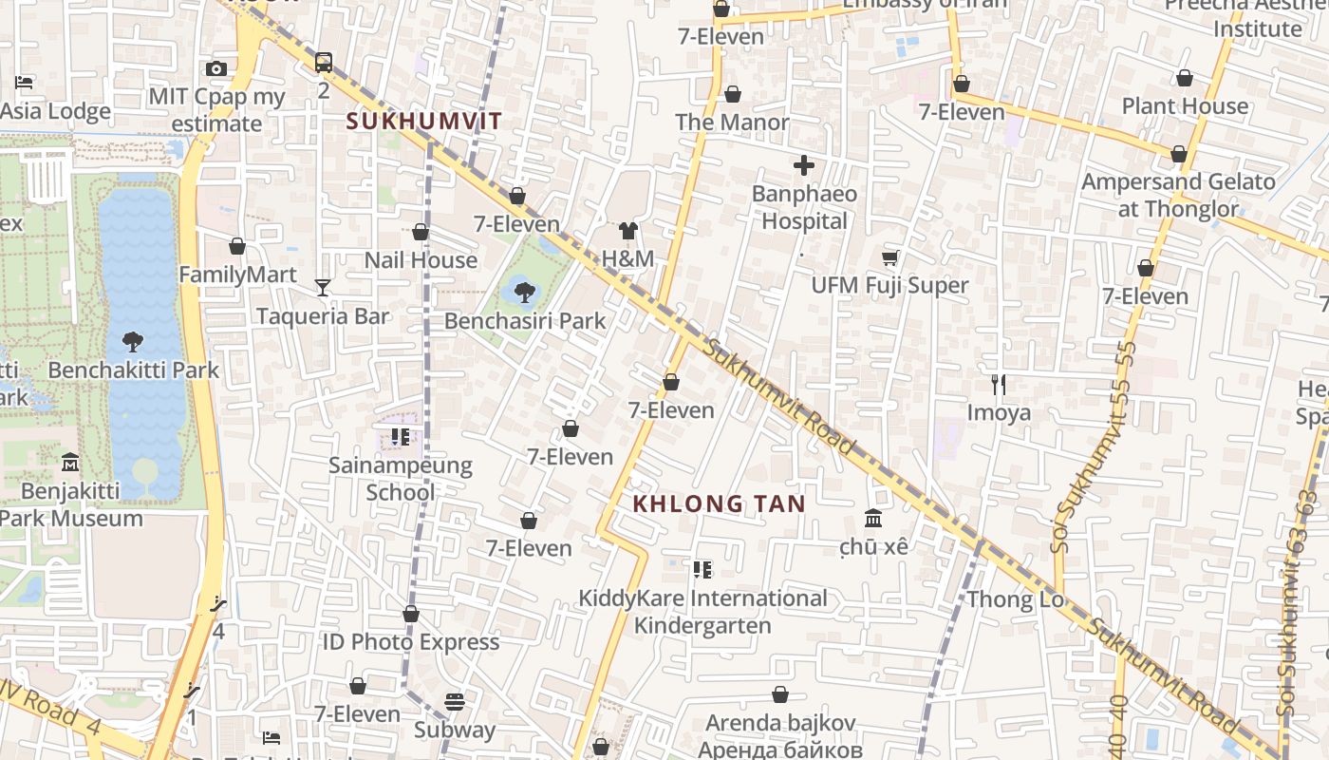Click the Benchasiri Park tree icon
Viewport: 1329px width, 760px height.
tap(523, 292)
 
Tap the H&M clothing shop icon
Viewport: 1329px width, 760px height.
tap(627, 230)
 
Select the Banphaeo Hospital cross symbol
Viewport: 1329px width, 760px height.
tap(803, 166)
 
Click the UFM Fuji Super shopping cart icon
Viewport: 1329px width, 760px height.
tap(890, 257)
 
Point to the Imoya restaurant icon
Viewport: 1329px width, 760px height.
tap(998, 385)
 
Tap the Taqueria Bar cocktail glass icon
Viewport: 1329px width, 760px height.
tap(323, 287)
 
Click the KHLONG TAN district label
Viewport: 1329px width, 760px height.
tap(719, 503)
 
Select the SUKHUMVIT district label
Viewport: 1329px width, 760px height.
tap(423, 122)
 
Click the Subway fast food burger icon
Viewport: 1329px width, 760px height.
tap(455, 702)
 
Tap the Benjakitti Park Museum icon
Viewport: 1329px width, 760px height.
tap(69, 463)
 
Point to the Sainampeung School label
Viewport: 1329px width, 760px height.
tap(401, 478)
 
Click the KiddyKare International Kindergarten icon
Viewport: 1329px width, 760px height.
tap(702, 570)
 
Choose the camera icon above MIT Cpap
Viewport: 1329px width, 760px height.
tap(216, 68)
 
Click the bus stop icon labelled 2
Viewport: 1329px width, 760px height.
tap(324, 63)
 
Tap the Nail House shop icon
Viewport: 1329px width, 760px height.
tap(421, 232)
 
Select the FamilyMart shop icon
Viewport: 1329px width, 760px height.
tap(237, 247)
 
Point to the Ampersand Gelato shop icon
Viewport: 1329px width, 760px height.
tap(1178, 154)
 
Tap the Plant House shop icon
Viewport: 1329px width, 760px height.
tap(1184, 78)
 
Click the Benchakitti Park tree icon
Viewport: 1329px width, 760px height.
tap(133, 341)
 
